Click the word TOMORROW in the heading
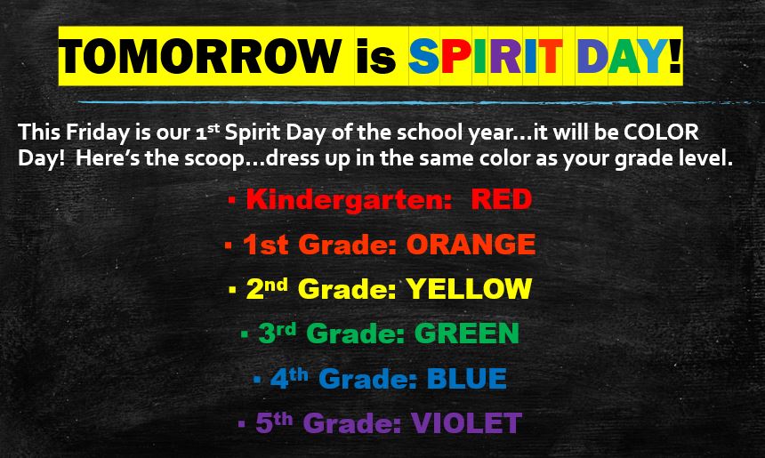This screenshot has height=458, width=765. tap(200, 55)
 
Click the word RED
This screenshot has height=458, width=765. tap(501, 199)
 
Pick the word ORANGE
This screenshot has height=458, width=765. tap(471, 244)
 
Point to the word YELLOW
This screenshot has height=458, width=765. tap(469, 288)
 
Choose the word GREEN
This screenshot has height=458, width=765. tap(467, 333)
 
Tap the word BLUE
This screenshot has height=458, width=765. tap(467, 379)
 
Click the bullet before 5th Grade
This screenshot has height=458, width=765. tap(241, 425)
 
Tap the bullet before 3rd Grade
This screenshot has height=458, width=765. tap(244, 335)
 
